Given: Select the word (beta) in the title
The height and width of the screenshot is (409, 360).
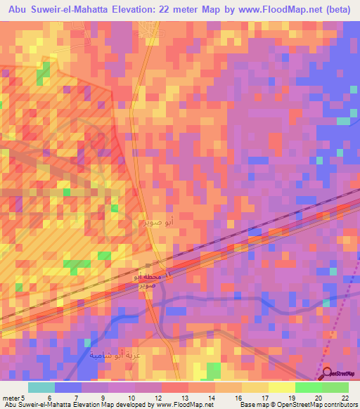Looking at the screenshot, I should pyautogui.click(x=335, y=9).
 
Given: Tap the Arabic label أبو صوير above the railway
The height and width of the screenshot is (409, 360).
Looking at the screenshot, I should pyautogui.click(x=156, y=221).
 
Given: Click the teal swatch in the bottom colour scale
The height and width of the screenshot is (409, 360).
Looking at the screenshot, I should pyautogui.click(x=41, y=387).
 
